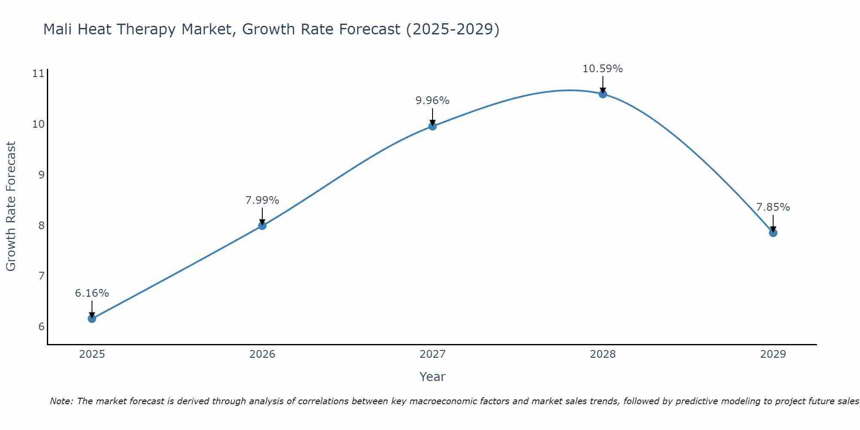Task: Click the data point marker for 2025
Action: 92,319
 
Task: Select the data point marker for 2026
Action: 262,226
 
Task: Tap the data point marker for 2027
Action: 433,126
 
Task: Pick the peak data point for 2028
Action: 603,94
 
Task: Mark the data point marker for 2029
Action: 773,233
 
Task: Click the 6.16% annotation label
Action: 92,293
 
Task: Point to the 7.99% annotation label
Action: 262,200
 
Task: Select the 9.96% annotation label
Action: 433,101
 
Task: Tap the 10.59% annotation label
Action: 603,69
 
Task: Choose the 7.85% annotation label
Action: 773,207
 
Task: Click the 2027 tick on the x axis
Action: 433,354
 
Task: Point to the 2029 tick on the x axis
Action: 773,354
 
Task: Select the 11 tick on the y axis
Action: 38,74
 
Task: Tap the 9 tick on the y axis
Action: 41,175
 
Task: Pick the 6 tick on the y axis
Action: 41,326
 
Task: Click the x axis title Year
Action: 433,377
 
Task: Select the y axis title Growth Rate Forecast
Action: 11,206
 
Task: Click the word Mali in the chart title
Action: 56,29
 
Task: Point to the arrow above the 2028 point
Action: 603,84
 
